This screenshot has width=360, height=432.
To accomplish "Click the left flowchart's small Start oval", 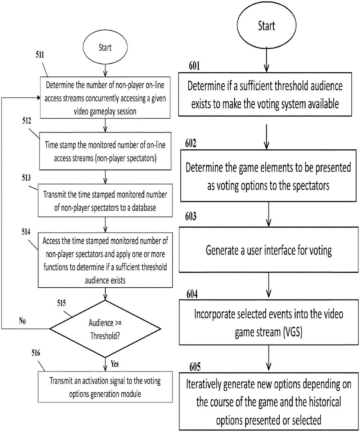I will coord(105,48).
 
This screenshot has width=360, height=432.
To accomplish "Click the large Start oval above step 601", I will coord(266,26).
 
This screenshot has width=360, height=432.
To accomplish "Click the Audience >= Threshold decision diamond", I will coord(105,328).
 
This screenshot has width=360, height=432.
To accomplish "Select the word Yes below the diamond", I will coord(115,364).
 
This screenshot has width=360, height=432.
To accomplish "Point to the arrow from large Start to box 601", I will coord(266,59).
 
